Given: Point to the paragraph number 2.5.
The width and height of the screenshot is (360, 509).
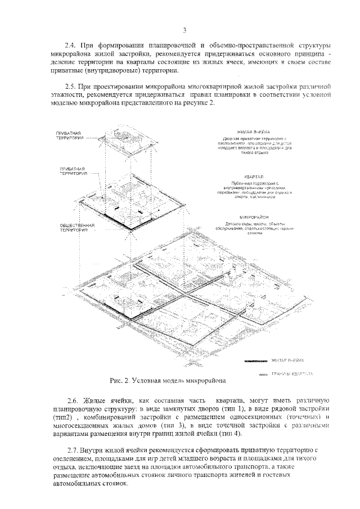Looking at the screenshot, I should (x=71, y=88).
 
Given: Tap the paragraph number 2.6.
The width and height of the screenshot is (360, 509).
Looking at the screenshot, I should (x=73, y=399).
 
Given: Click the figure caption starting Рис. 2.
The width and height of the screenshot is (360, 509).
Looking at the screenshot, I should (x=168, y=381).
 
